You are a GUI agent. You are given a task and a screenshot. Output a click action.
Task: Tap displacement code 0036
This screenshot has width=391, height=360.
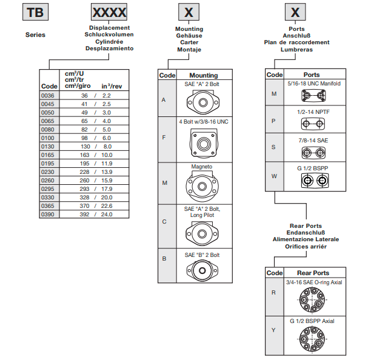tap(48, 96)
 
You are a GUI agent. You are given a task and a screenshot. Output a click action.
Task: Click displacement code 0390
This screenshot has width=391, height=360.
tap(48, 214)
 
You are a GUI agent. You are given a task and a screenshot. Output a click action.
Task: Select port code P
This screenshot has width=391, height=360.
tap(274, 121)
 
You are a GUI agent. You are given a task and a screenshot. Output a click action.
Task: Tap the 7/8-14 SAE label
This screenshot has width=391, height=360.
tap(313, 140)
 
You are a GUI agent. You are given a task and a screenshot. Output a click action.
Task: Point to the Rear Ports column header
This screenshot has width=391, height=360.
tap(313, 273)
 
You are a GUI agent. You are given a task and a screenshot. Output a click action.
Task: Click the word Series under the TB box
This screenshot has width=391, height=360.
tap(35, 35)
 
